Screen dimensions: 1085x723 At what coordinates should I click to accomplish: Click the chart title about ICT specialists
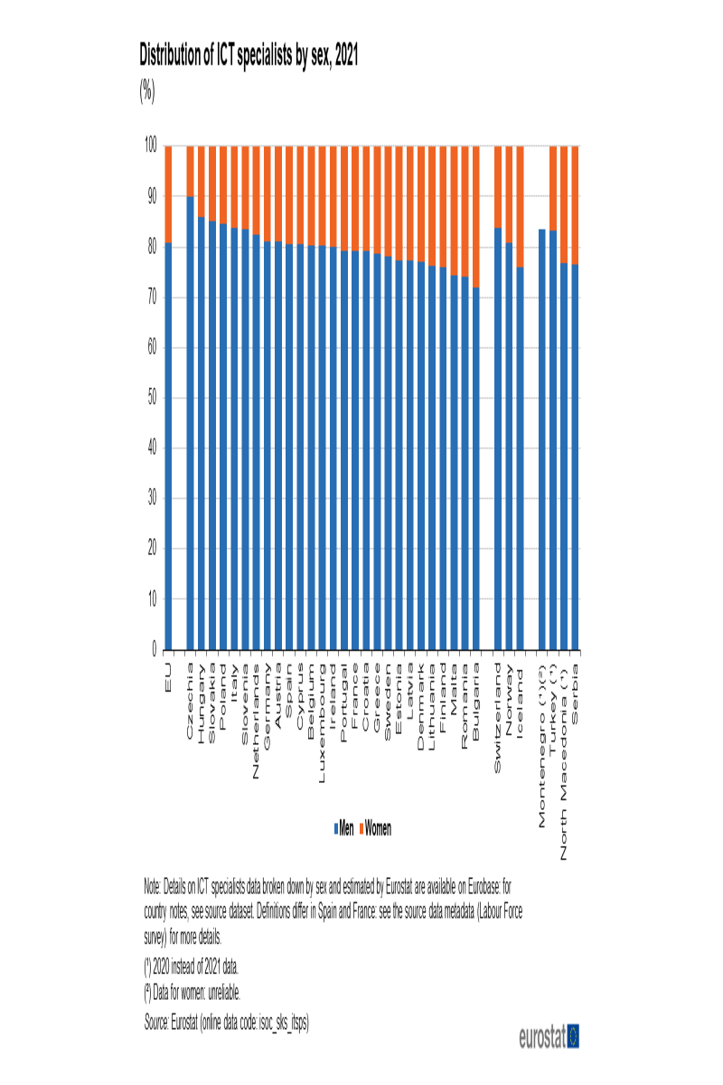pos(249,56)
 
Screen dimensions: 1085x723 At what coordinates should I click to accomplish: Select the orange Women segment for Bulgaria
pos(476,216)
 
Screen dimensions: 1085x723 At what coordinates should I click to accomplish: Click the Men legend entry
pos(344,828)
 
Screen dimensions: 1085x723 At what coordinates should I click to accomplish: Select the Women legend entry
pos(377,828)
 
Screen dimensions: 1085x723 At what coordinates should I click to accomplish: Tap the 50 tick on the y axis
pos(152,398)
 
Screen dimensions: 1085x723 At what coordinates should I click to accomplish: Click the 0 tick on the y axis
pos(155,650)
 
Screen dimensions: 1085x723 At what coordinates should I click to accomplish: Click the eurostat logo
pos(549,1036)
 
